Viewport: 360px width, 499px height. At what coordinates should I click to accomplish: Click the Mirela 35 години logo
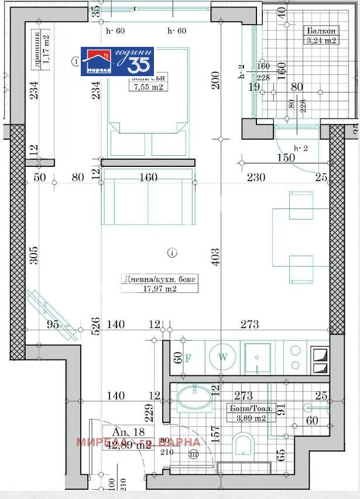117,61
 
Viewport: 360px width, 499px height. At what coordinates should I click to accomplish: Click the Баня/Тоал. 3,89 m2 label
246,413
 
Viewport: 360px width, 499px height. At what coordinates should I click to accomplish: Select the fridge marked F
188,358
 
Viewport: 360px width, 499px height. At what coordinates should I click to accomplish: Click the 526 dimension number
97,326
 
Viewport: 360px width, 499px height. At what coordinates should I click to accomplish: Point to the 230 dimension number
256,177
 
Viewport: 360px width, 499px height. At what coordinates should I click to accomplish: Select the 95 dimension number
53,325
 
